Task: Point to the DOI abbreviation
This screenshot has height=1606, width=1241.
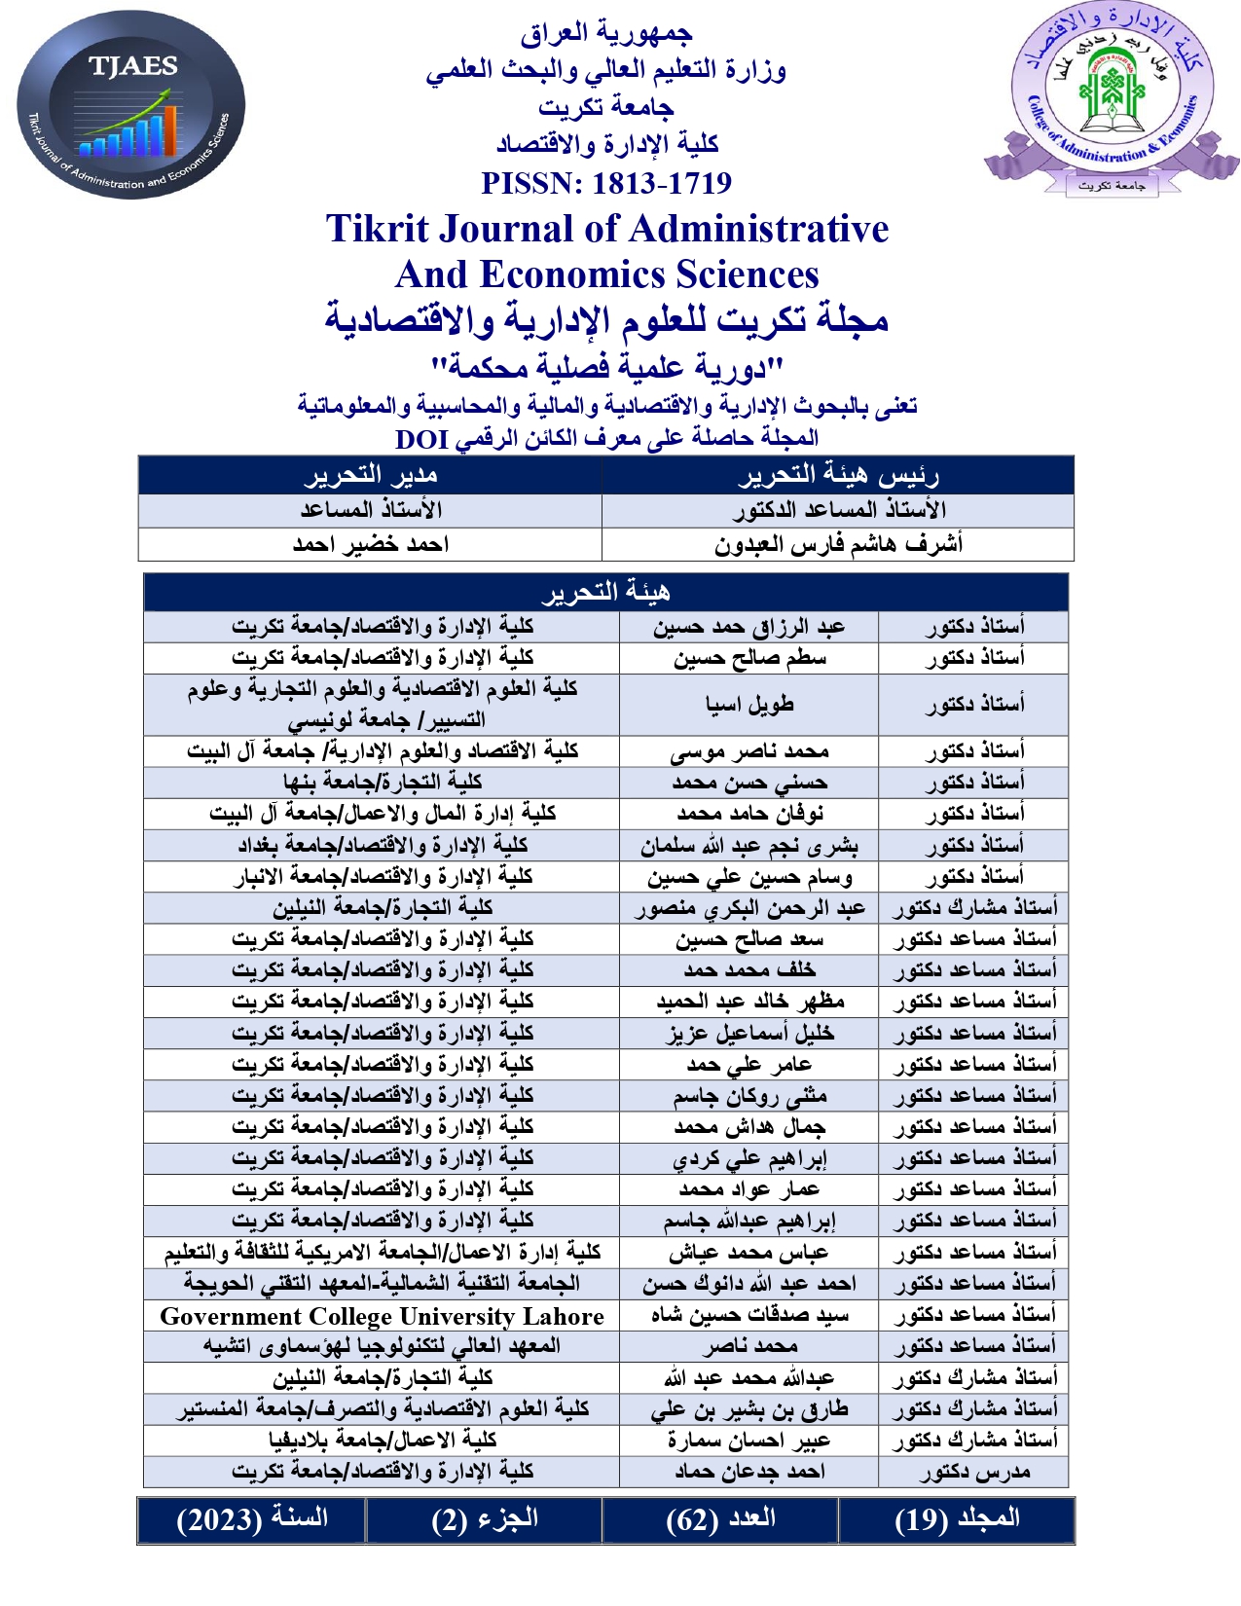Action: (421, 440)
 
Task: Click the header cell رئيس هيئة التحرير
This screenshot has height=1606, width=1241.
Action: (837, 475)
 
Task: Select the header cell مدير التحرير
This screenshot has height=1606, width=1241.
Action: (370, 475)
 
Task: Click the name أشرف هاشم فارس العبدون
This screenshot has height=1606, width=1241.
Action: (837, 544)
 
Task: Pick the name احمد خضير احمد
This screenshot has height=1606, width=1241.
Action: (370, 544)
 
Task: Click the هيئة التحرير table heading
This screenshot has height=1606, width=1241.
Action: (605, 592)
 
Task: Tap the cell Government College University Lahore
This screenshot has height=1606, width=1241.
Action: (382, 1317)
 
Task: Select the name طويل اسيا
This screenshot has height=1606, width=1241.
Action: (748, 705)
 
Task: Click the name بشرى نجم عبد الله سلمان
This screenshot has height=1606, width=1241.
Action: (748, 846)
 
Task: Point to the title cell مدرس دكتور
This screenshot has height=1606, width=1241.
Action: (973, 1473)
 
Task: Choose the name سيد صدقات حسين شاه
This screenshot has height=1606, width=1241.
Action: (748, 1317)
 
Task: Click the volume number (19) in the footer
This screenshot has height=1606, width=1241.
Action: (920, 1520)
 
